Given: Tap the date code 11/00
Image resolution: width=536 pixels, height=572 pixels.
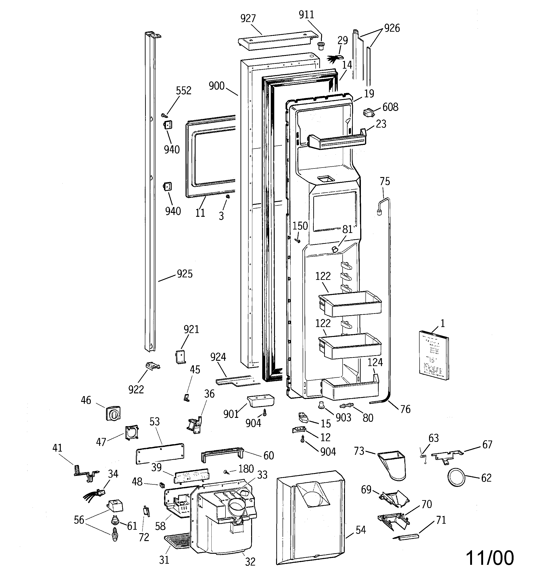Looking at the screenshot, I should [x=489, y=558].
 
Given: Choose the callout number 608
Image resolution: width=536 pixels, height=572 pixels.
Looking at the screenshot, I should [x=390, y=107].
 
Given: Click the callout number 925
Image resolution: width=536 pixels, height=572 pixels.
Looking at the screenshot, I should [x=184, y=274].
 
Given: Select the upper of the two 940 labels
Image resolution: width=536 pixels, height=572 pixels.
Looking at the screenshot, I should [x=172, y=150].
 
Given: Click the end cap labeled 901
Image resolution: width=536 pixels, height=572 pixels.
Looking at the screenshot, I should [x=260, y=401].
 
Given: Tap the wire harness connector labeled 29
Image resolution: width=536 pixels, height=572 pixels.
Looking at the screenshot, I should [x=335, y=59].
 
